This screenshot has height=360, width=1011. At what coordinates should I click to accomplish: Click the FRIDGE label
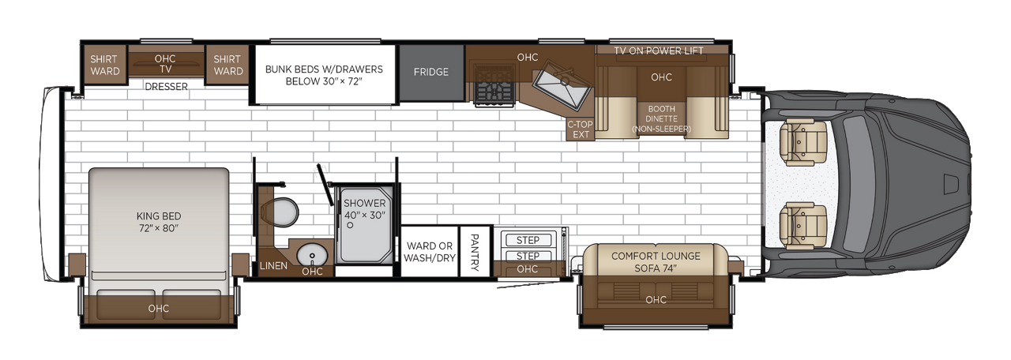[x=430, y=72]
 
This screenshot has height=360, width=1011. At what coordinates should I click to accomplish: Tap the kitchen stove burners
[x=494, y=84]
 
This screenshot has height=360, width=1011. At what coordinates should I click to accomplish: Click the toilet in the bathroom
[x=280, y=212]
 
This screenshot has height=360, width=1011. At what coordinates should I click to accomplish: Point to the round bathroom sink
[x=312, y=255]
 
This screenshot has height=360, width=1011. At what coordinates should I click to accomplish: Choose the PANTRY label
[x=475, y=252]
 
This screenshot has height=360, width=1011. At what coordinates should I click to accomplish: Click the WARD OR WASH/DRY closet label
[x=430, y=252]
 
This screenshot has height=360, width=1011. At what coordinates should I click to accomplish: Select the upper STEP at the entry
[x=528, y=240]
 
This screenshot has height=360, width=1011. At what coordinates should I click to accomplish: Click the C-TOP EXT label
[x=581, y=129]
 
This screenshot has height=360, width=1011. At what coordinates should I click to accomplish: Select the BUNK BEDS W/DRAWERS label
[x=323, y=75]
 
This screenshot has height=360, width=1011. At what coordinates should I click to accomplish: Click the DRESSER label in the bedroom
[x=166, y=87]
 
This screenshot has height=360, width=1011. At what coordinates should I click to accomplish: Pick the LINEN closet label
[x=273, y=266]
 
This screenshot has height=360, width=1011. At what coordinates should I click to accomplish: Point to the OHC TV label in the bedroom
[x=165, y=63]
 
